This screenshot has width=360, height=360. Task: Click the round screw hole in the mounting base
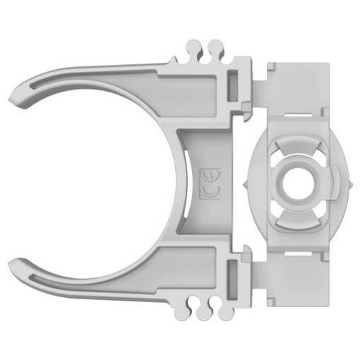(297, 184)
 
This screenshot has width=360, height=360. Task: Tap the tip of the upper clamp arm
(9, 100)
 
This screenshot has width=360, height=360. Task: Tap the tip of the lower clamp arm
(9, 263)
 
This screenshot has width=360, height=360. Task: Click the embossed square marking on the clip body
(210, 184)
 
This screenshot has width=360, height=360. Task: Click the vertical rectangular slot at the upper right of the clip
(232, 86)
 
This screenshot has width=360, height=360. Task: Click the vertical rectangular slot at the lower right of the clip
(232, 280)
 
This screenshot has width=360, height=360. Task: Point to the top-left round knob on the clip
(193, 47)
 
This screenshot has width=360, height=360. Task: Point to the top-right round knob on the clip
(216, 47)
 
